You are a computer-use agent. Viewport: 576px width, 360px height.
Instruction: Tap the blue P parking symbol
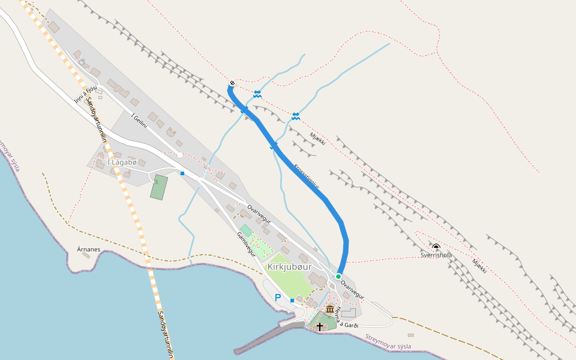278,298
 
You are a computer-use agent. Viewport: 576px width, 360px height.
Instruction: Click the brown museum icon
330,309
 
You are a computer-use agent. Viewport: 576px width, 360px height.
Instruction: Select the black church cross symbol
320,326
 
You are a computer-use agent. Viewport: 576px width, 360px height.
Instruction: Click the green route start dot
338,276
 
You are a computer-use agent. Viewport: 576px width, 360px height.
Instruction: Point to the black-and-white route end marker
232,83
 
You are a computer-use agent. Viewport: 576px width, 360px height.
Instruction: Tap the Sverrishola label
436,255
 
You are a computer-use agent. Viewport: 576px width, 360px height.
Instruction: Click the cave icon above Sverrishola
436,247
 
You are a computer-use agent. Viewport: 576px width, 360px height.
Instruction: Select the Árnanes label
88,248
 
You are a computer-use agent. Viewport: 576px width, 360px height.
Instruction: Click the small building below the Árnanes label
86,256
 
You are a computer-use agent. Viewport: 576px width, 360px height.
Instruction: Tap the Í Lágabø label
122,163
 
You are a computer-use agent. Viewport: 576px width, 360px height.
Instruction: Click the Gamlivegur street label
246,244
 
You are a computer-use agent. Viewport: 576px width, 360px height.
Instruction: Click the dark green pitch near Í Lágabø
159,187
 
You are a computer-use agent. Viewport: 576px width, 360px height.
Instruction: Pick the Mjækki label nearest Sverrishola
479,265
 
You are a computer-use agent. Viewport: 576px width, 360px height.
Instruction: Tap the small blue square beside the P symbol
292,300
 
